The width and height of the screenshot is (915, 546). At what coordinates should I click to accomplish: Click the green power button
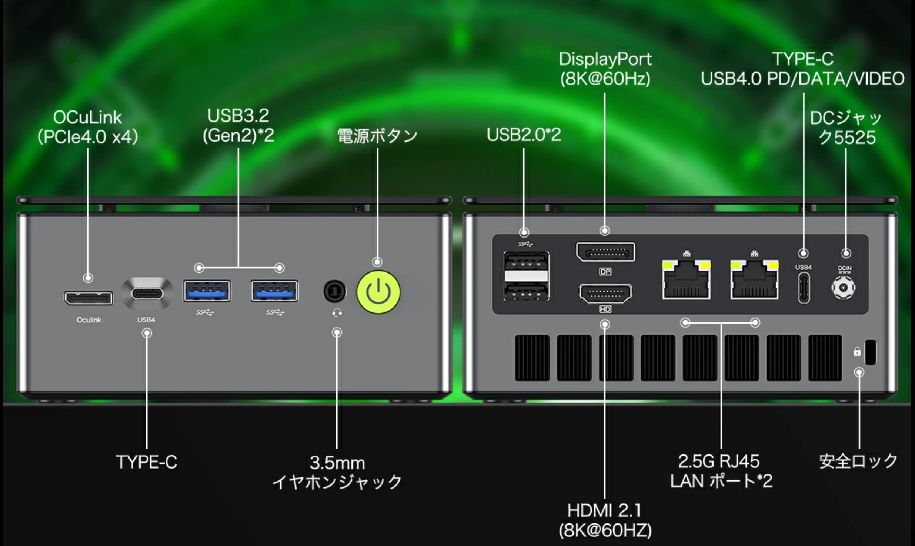[x=378, y=292]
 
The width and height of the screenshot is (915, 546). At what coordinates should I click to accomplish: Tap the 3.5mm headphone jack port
[x=335, y=291]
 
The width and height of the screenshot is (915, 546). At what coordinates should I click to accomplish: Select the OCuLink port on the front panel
[x=89, y=298]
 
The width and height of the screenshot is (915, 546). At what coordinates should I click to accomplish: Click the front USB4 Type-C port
[x=147, y=294]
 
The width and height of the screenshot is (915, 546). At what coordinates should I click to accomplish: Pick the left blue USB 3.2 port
[x=207, y=291]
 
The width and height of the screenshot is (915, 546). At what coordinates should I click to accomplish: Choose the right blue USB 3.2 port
[x=274, y=291]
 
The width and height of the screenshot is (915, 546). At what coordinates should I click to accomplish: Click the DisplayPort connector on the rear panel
[x=605, y=252]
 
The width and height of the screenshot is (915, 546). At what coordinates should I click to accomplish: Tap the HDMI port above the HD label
[x=605, y=294]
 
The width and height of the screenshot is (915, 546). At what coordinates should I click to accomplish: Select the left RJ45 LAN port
[x=687, y=279]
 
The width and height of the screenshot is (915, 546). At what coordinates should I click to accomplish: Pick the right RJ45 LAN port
[x=755, y=279]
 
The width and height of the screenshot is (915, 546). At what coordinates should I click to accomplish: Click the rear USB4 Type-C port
[x=804, y=288]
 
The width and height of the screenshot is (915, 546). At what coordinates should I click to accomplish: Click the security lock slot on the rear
[x=870, y=352]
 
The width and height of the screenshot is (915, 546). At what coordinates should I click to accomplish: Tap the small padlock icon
[x=857, y=351]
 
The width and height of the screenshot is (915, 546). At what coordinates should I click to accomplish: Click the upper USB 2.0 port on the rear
[x=526, y=262]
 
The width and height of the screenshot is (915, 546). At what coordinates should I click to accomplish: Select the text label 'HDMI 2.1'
[x=604, y=511]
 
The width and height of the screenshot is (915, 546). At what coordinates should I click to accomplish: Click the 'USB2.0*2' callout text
[x=524, y=135]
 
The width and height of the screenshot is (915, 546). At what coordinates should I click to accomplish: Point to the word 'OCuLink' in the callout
[x=87, y=118]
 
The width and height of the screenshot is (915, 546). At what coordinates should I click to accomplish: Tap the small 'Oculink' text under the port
[x=89, y=320]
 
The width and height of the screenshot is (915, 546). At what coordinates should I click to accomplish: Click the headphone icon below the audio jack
[x=337, y=314]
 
